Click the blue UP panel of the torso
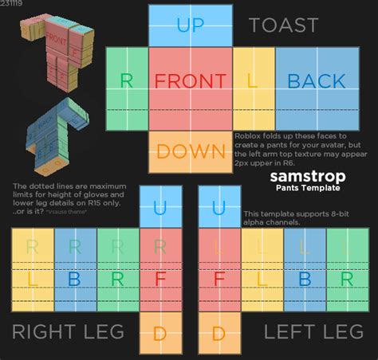pos(191,25)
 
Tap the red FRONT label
pos(191,81)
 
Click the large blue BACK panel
pos(316,81)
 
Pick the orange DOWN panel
pos(191,151)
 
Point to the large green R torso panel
pos(126,81)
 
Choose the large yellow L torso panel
pos(254,81)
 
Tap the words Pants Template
pos(305,188)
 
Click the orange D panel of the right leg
pos(160,331)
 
